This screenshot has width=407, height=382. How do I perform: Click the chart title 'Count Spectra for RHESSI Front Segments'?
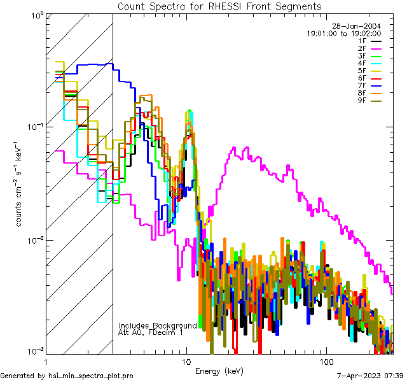pos(219,6)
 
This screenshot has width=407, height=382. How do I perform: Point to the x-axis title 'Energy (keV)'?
pos(219,371)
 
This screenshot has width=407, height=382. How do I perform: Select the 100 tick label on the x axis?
pos(326,361)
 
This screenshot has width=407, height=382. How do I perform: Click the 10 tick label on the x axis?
pos(186,361)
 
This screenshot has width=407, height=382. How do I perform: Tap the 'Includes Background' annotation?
pos(158,325)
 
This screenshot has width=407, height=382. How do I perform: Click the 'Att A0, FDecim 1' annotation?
pos(151,332)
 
